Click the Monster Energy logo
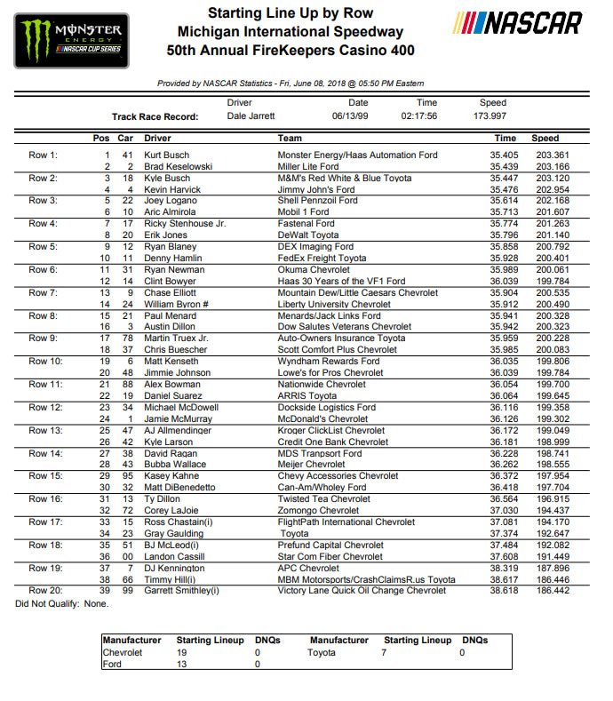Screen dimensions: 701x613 (70, 40)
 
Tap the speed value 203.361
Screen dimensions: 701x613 (545, 155)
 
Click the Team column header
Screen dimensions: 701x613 (290, 139)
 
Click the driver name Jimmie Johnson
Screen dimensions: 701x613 (179, 373)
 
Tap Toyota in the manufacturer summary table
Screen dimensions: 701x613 (322, 652)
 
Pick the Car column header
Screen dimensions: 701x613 (126, 139)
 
